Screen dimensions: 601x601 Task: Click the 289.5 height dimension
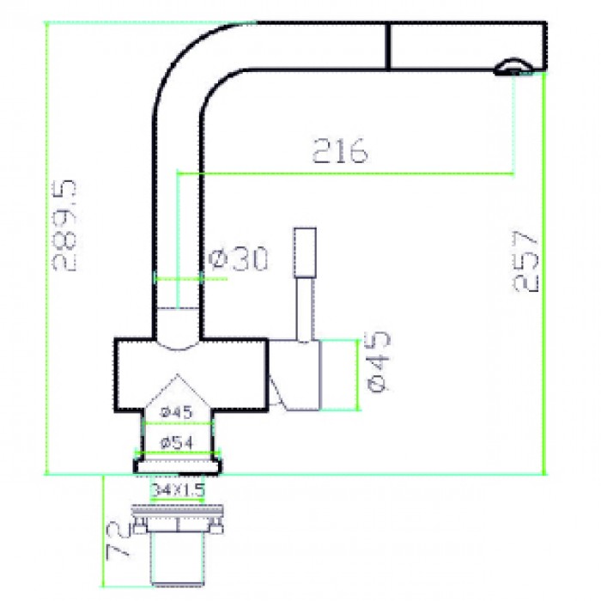point(64,225)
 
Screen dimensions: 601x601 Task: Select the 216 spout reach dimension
point(339,151)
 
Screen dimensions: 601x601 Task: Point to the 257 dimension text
point(526,260)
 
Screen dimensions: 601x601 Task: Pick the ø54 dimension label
point(177,442)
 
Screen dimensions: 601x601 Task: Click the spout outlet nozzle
point(513,67)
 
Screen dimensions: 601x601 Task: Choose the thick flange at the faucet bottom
point(177,466)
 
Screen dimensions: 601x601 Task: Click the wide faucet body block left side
point(133,373)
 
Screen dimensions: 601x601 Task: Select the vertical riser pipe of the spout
point(178,215)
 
